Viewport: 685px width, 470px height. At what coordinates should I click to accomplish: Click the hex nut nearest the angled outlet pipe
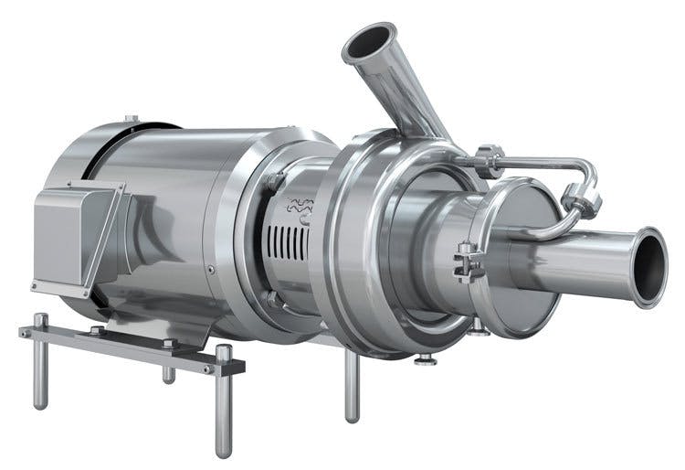point(489,162)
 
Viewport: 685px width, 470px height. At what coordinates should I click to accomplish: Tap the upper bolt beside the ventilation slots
point(274,183)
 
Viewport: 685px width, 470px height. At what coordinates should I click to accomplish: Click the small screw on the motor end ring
point(210,269)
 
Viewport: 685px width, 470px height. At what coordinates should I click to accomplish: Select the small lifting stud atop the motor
point(132,119)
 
